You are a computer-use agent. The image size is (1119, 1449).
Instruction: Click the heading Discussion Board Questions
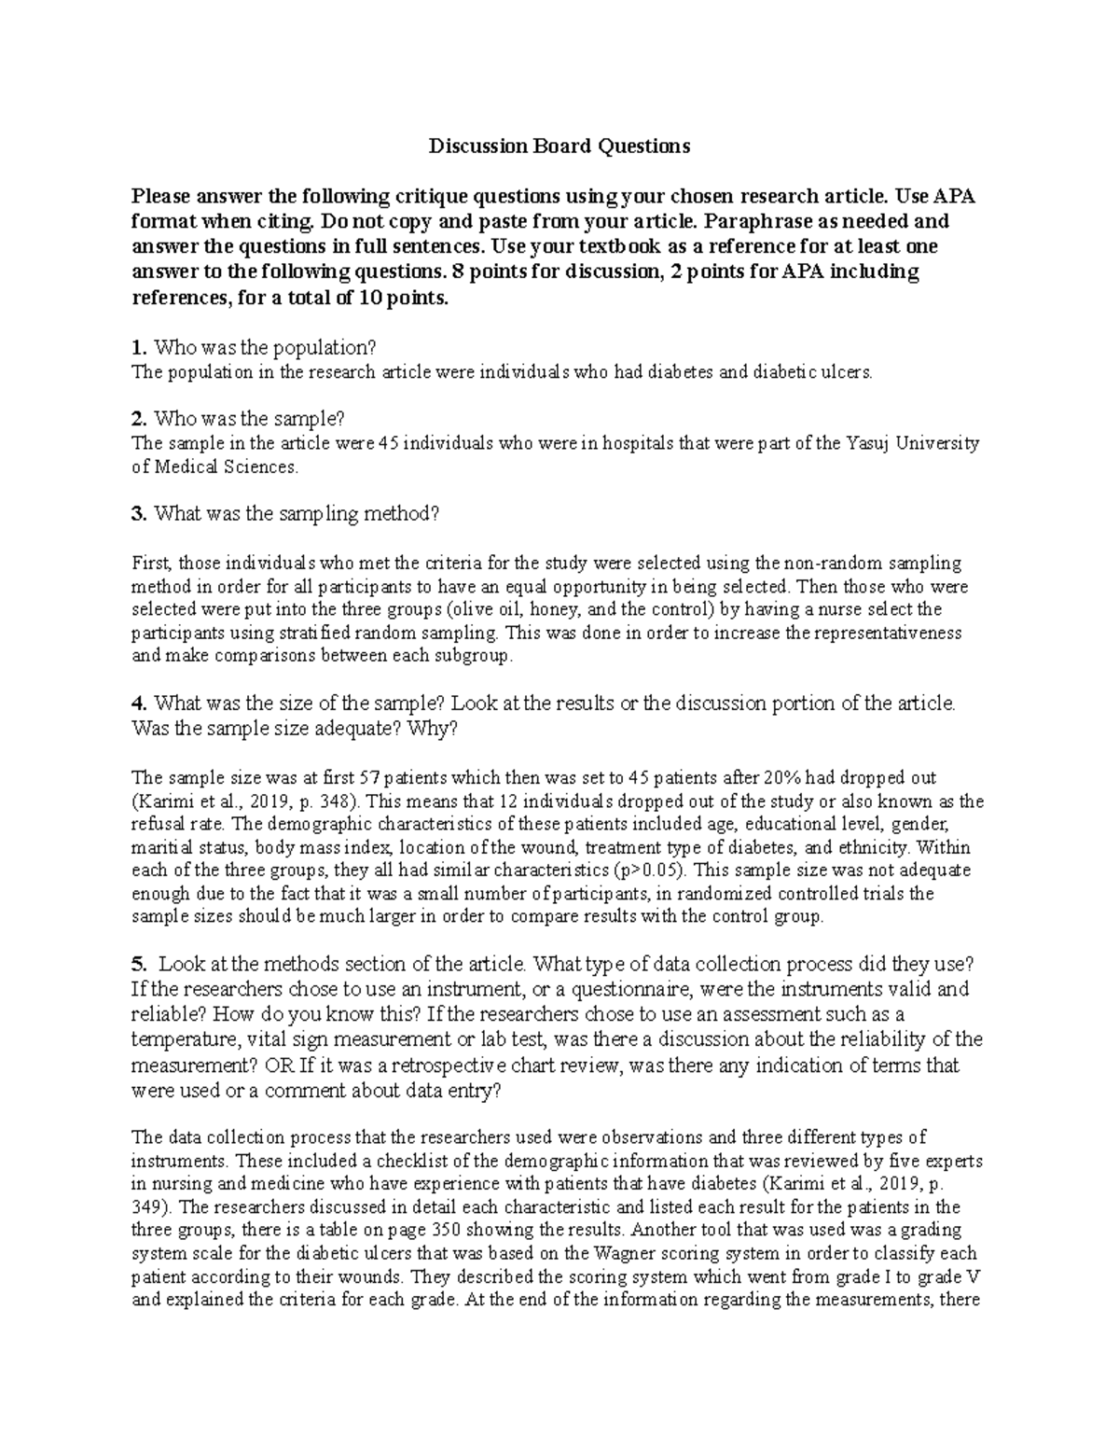[559, 146]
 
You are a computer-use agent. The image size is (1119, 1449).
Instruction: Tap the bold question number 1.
[140, 348]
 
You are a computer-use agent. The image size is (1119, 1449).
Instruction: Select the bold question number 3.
[140, 513]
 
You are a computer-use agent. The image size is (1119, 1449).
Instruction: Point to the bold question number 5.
[140, 964]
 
